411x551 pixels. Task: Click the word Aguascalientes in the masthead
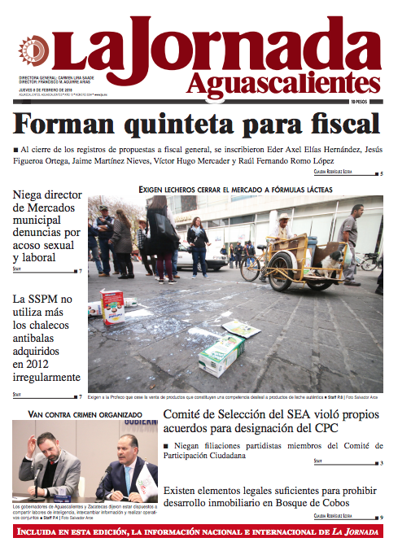click(282, 82)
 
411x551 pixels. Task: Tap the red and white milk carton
click(111, 305)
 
